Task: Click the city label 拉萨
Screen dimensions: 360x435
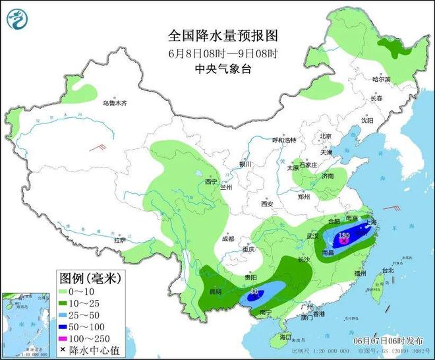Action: pyautogui.click(x=119, y=241)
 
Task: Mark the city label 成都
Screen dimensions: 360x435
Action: pyautogui.click(x=228, y=238)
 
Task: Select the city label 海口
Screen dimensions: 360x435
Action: pyautogui.click(x=285, y=336)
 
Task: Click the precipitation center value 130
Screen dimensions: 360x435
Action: pyautogui.click(x=343, y=235)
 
